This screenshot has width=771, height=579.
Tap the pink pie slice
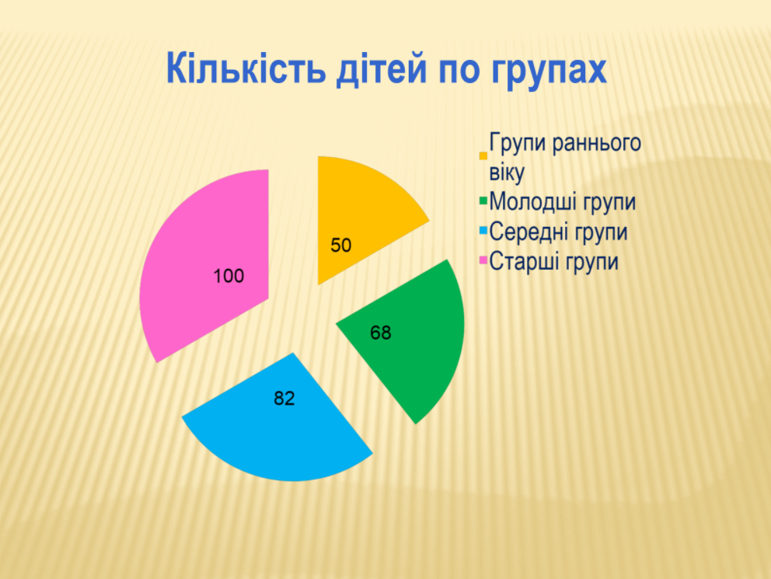point(207,266)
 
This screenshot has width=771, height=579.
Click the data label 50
point(340,246)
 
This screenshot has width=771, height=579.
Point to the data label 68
point(381,333)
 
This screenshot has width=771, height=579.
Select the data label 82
point(284,398)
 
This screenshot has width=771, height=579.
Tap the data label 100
point(229,276)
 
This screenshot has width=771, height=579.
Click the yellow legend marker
point(483,156)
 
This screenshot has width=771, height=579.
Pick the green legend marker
point(483,201)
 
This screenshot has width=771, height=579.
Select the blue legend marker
point(483,230)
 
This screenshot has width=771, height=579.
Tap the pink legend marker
point(483,260)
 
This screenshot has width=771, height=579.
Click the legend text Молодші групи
point(563,202)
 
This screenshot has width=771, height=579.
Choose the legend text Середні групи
point(559,232)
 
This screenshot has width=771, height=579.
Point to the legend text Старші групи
point(553,261)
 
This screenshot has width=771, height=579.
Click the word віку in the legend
point(507,173)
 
